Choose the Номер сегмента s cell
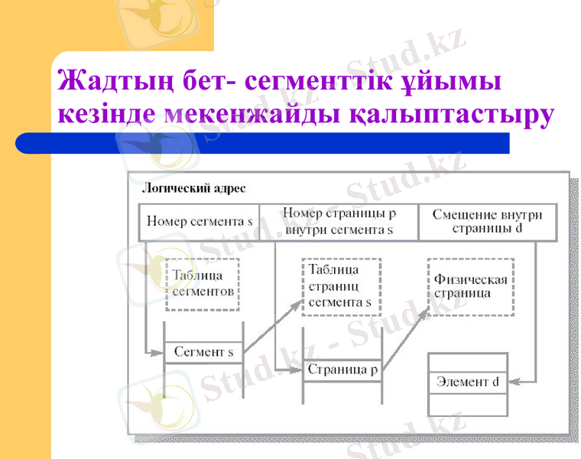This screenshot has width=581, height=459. point(199,222)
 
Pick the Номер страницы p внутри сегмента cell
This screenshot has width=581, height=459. point(339,222)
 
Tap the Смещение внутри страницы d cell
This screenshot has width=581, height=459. point(487,222)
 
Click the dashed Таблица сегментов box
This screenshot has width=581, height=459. point(203,284)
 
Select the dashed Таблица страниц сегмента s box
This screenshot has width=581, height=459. point(340,285)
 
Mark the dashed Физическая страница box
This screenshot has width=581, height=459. point(470,287)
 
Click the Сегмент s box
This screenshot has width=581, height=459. point(203,353)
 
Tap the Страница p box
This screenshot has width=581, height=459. point(342,370)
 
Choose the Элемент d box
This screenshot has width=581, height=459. point(467,381)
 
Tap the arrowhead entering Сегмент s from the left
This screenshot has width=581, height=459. point(159,353)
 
